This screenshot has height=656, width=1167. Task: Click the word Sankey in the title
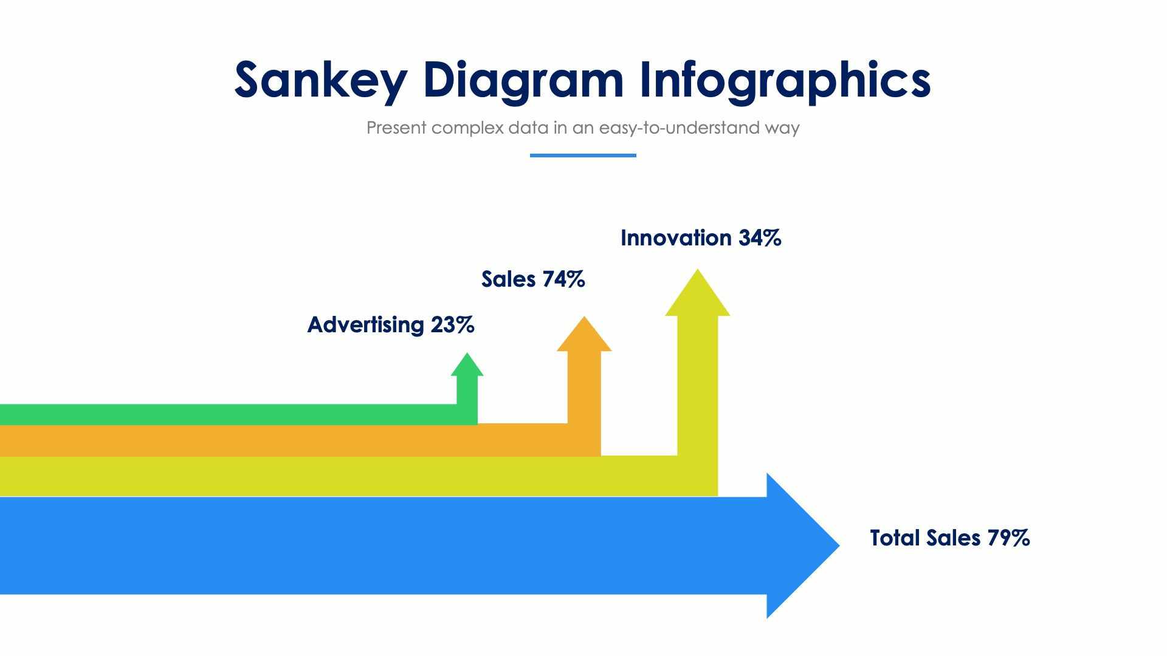tap(320, 80)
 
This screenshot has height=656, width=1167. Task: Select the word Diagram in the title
tap(523, 80)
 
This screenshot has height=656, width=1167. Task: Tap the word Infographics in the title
tap(785, 80)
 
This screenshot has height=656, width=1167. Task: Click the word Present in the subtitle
tap(396, 128)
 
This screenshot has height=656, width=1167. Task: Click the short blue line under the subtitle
tap(583, 155)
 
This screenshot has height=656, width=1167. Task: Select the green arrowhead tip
tap(467, 365)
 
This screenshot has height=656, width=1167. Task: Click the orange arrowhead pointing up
tap(584, 336)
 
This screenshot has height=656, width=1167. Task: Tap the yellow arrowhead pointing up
tap(697, 295)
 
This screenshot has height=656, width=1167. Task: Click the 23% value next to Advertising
tap(452, 325)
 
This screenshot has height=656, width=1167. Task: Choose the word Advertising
tap(365, 325)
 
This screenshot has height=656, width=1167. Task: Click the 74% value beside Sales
tap(563, 279)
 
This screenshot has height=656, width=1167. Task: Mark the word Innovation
tap(676, 238)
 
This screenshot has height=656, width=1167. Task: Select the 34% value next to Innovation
tap(760, 238)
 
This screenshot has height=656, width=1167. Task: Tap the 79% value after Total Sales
tap(1008, 538)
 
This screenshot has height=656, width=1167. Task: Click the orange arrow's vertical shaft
tap(584, 389)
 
